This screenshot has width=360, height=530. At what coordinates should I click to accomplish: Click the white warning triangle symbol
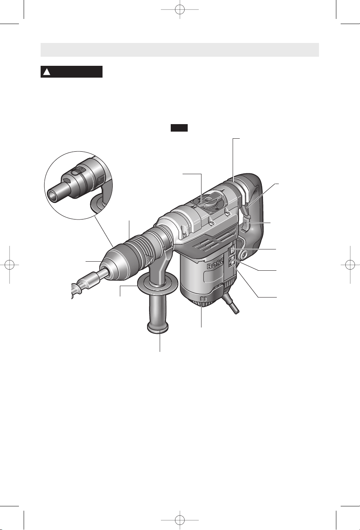tap(47, 72)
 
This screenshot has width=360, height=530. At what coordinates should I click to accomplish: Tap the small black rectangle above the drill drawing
tap(179, 128)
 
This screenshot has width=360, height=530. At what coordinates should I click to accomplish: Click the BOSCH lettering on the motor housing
tap(215, 264)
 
